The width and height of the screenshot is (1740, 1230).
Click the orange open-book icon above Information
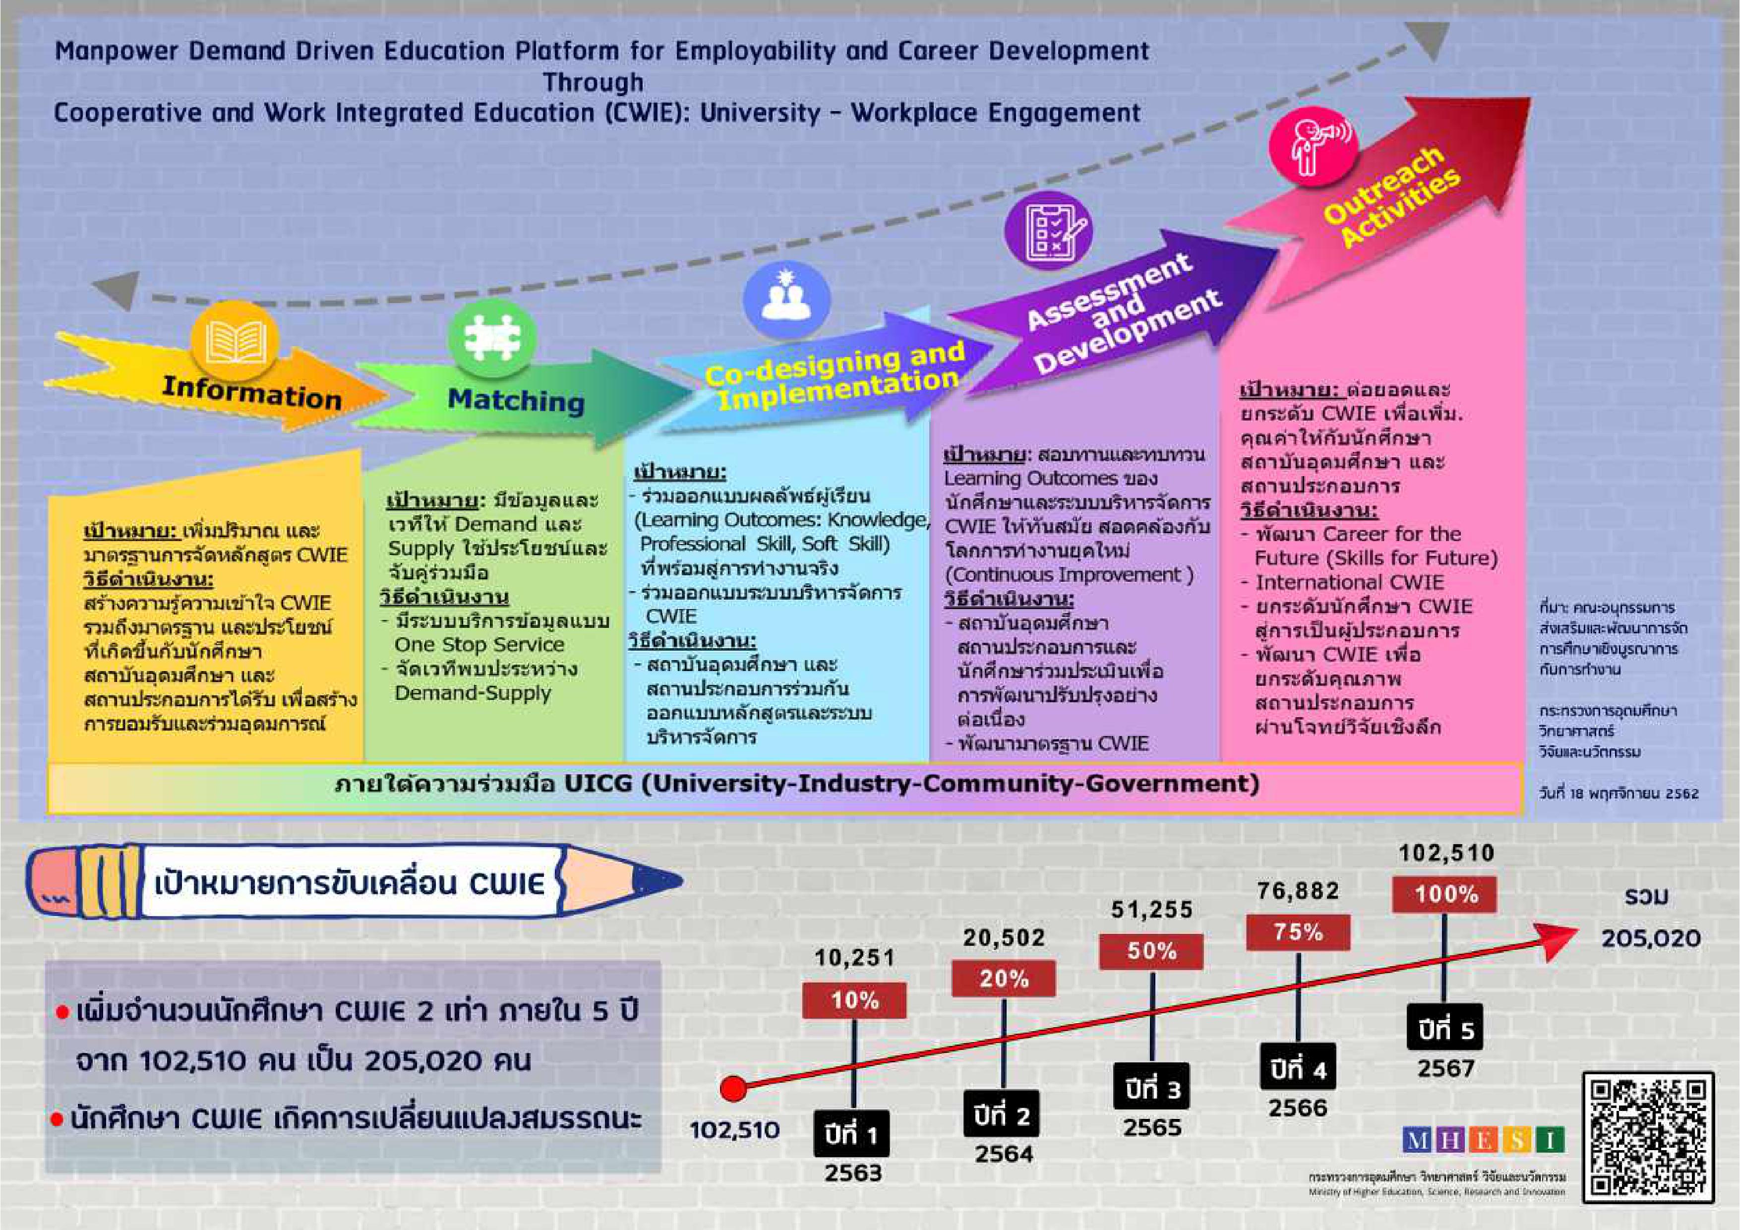pyautogui.click(x=235, y=342)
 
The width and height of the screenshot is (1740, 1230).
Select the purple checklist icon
pyautogui.click(x=1048, y=230)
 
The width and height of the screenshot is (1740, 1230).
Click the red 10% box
pyautogui.click(x=854, y=1000)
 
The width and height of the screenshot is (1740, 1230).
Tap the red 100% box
pyautogui.click(x=1444, y=894)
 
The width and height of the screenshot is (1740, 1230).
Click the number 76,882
pyautogui.click(x=1298, y=890)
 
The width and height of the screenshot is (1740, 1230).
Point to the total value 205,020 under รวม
pyautogui.click(x=1651, y=939)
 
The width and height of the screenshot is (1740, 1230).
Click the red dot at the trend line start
pyautogui.click(x=733, y=1089)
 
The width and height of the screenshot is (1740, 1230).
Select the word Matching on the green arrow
pyautogui.click(x=516, y=400)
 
